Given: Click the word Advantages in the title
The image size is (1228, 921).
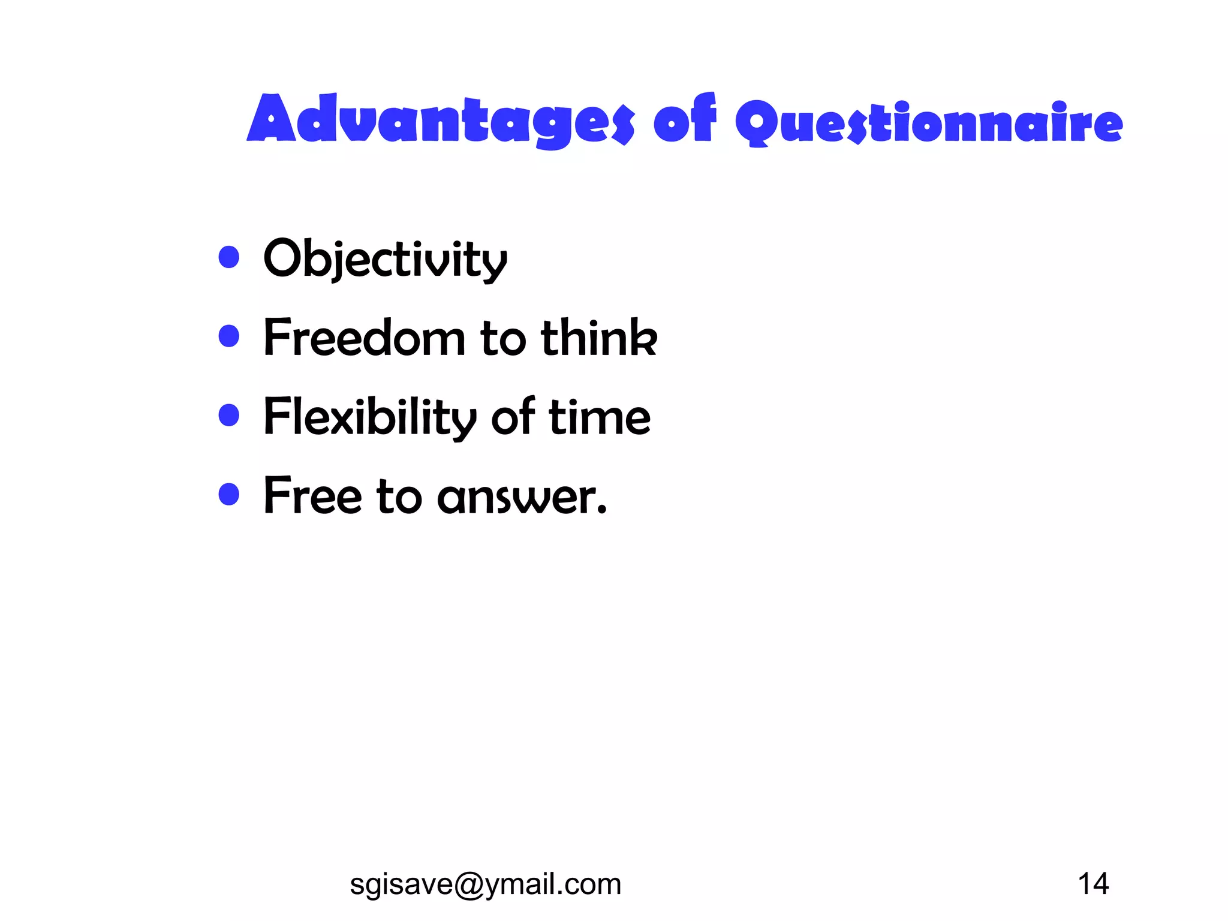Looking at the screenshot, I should click(x=441, y=120).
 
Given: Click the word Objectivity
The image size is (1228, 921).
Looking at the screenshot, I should click(x=385, y=259).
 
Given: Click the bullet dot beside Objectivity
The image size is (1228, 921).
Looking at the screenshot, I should click(x=229, y=257).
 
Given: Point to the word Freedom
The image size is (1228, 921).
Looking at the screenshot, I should click(x=365, y=338).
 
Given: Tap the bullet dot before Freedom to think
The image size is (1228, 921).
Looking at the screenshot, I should click(x=229, y=336).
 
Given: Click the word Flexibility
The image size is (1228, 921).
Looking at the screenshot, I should click(x=370, y=417).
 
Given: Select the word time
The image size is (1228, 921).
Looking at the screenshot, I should click(x=600, y=417).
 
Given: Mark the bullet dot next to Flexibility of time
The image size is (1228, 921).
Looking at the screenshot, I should click(x=229, y=415).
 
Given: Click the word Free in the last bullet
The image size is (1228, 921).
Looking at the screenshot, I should click(x=312, y=496).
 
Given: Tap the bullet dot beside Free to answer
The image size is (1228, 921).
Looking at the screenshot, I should click(x=229, y=495).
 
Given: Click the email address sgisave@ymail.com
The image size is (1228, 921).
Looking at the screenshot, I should click(x=485, y=884).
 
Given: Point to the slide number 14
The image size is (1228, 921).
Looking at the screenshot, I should click(x=1093, y=884).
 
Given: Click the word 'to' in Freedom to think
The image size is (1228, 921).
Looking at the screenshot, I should click(x=503, y=339).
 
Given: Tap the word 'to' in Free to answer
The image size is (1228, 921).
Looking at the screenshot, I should click(x=399, y=497).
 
